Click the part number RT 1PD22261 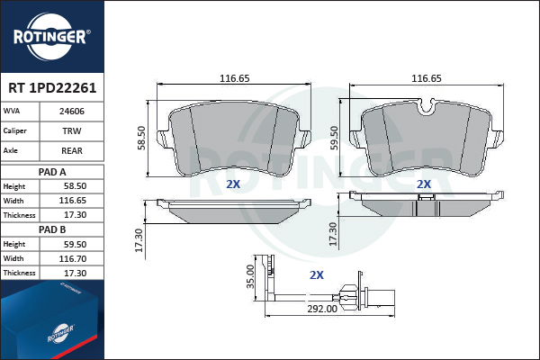[52, 88]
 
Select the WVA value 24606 [72, 112]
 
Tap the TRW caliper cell [72, 130]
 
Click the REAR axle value [72, 150]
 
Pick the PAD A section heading [52, 172]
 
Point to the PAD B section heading [52, 229]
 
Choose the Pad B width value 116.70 [73, 258]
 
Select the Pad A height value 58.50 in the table [75, 186]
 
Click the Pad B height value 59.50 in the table [75, 244]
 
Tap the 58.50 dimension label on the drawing [141, 138]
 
